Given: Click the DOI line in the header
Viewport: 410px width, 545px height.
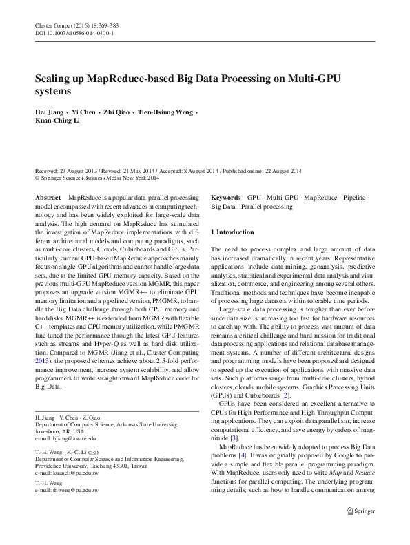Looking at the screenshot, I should [x=74, y=32].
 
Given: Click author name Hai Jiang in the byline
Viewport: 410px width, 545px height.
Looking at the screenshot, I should [x=50, y=112].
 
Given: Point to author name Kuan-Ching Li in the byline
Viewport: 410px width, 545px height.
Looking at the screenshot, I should [x=59, y=121].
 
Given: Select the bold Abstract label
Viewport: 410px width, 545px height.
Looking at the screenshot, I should [x=47, y=197].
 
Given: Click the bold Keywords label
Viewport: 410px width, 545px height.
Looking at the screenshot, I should [x=225, y=197].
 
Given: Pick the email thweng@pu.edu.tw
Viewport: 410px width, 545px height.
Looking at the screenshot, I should [x=66, y=490].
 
